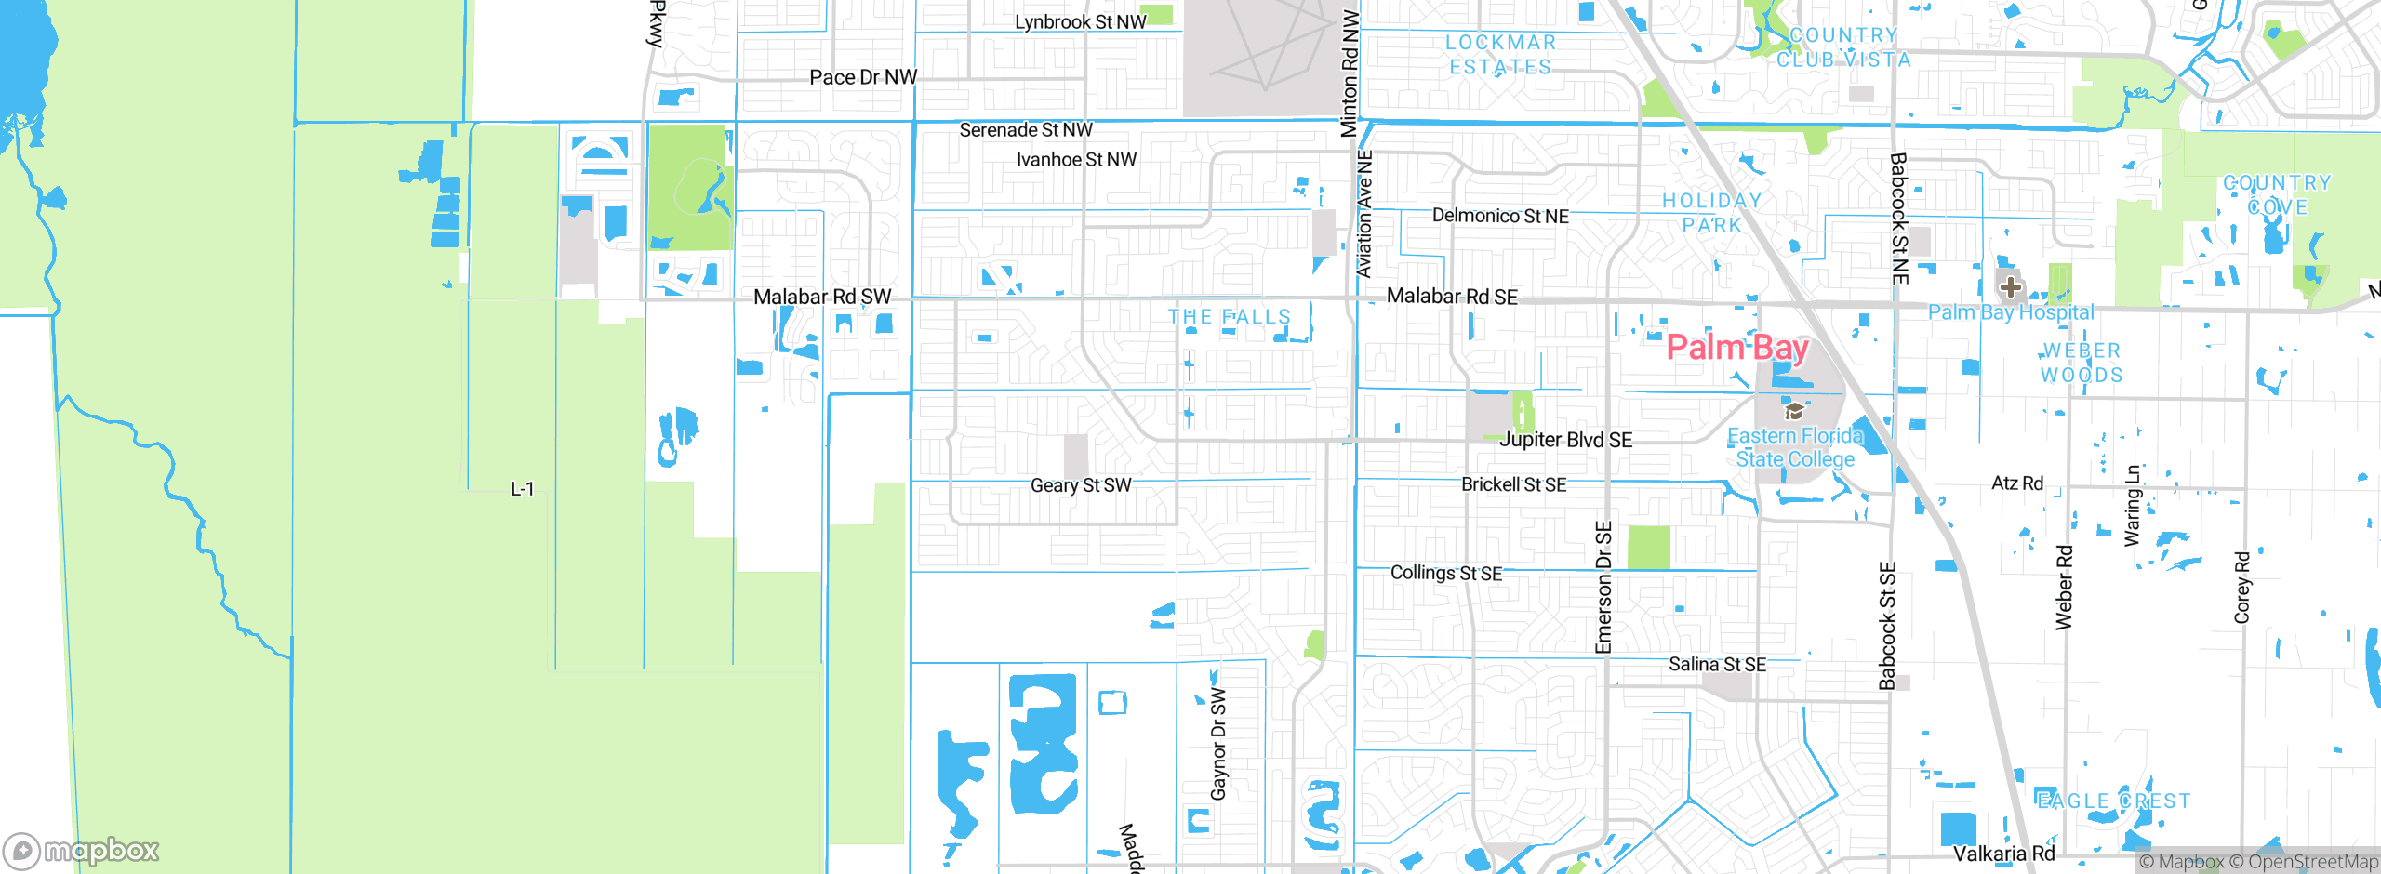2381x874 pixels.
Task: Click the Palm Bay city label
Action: click(1736, 348)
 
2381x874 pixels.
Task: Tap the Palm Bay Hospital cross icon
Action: click(2010, 286)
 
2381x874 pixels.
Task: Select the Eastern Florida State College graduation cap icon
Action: click(1794, 411)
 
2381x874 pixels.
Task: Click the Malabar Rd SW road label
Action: click(822, 297)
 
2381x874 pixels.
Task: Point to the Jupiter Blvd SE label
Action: click(1565, 440)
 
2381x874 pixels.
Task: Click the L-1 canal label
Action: click(522, 489)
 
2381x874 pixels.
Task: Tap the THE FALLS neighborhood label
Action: click(1230, 317)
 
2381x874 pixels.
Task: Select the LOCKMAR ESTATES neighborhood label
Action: click(1500, 55)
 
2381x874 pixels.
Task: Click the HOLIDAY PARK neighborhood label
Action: click(1711, 213)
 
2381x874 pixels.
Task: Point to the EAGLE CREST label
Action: click(2113, 801)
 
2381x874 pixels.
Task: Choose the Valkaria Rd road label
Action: click(2003, 854)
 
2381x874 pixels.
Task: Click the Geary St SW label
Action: click(1081, 485)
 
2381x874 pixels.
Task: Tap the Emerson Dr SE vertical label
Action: click(1603, 588)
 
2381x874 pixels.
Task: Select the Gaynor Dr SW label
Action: click(1218, 744)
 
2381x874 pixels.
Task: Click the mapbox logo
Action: click(82, 850)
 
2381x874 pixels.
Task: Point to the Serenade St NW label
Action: click(1026, 130)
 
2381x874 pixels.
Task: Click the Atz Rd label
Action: click(2017, 483)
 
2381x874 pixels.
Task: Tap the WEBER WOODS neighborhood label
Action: click(2082, 363)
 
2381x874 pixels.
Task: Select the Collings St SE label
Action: click(1445, 573)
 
